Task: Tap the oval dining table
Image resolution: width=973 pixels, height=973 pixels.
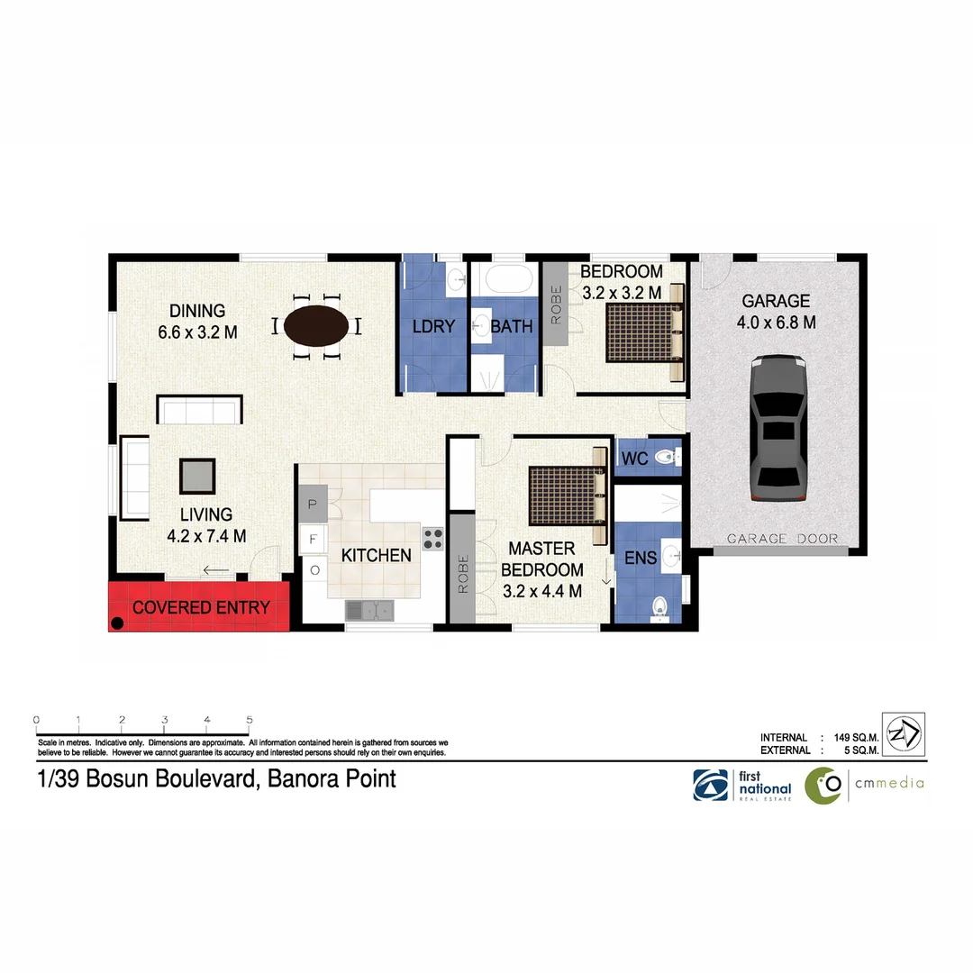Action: tap(314, 325)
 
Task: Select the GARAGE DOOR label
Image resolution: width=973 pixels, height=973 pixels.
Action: tap(782, 539)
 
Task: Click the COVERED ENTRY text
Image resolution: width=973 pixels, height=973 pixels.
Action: tap(201, 607)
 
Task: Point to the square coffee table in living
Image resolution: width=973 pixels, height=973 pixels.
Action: tap(197, 475)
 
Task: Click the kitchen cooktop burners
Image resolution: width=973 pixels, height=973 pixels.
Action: tap(433, 538)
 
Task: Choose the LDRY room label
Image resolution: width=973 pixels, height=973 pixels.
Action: tap(433, 326)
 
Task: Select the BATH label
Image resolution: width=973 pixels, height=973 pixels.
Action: tap(512, 326)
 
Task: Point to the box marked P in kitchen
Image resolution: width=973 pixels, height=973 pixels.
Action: tap(313, 505)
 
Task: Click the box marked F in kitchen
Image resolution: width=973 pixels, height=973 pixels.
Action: tap(313, 539)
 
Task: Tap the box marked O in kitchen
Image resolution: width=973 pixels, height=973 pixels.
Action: tap(314, 569)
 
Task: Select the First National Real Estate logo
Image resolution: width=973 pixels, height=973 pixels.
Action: tap(741, 785)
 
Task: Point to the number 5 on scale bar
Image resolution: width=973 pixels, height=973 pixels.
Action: tap(249, 720)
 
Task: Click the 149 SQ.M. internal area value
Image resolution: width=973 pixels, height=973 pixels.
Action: tap(851, 737)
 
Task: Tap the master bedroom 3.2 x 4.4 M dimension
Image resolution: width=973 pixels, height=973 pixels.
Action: tap(541, 591)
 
